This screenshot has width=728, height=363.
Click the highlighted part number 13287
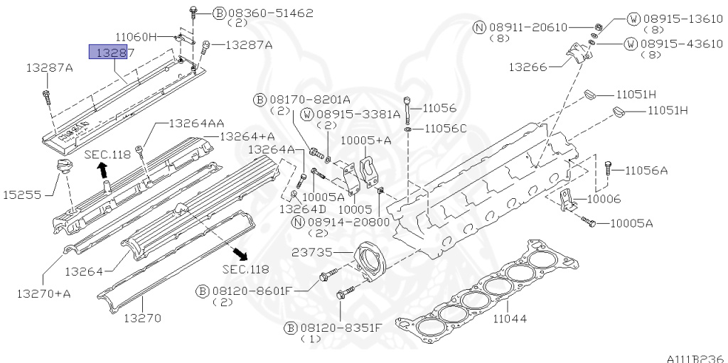[107, 51]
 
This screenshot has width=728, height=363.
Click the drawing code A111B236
[695, 357]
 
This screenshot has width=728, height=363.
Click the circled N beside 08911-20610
[479, 28]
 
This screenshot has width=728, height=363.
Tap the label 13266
[528, 67]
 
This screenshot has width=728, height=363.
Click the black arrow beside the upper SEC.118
[102, 169]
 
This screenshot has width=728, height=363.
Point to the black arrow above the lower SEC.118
[242, 254]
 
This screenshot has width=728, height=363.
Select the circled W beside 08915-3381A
[306, 114]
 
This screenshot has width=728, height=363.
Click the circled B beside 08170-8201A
[261, 99]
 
